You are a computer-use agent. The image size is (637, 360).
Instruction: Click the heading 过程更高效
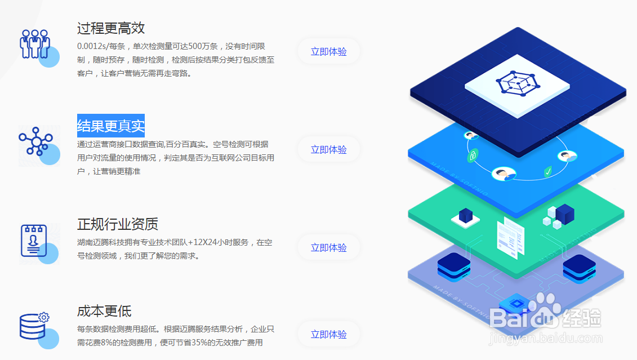pos(111,28)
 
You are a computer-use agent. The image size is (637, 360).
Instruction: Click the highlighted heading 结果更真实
pos(111,126)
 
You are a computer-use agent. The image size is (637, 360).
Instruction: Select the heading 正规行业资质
pos(118,224)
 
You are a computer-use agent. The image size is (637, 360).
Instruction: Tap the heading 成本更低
pos(104,310)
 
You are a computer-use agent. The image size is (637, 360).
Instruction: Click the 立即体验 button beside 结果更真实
pos(328,149)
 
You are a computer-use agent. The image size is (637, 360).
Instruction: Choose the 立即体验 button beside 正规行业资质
pos(328,247)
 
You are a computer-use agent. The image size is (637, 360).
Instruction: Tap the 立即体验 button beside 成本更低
pos(328,334)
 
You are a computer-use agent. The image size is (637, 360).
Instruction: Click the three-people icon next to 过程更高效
pos(35,43)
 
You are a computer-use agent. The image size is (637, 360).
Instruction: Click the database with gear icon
pos(34,326)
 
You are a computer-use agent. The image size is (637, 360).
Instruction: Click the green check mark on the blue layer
pos(547,171)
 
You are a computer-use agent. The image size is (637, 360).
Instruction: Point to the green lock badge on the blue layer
pos(473,155)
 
